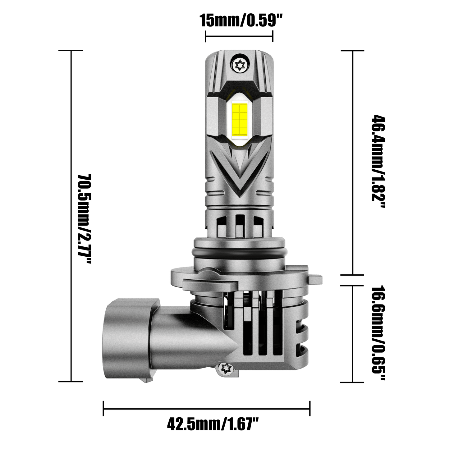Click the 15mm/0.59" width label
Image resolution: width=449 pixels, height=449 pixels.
pyautogui.click(x=239, y=21)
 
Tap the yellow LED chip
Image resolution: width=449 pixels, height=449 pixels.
pyautogui.click(x=239, y=118)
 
